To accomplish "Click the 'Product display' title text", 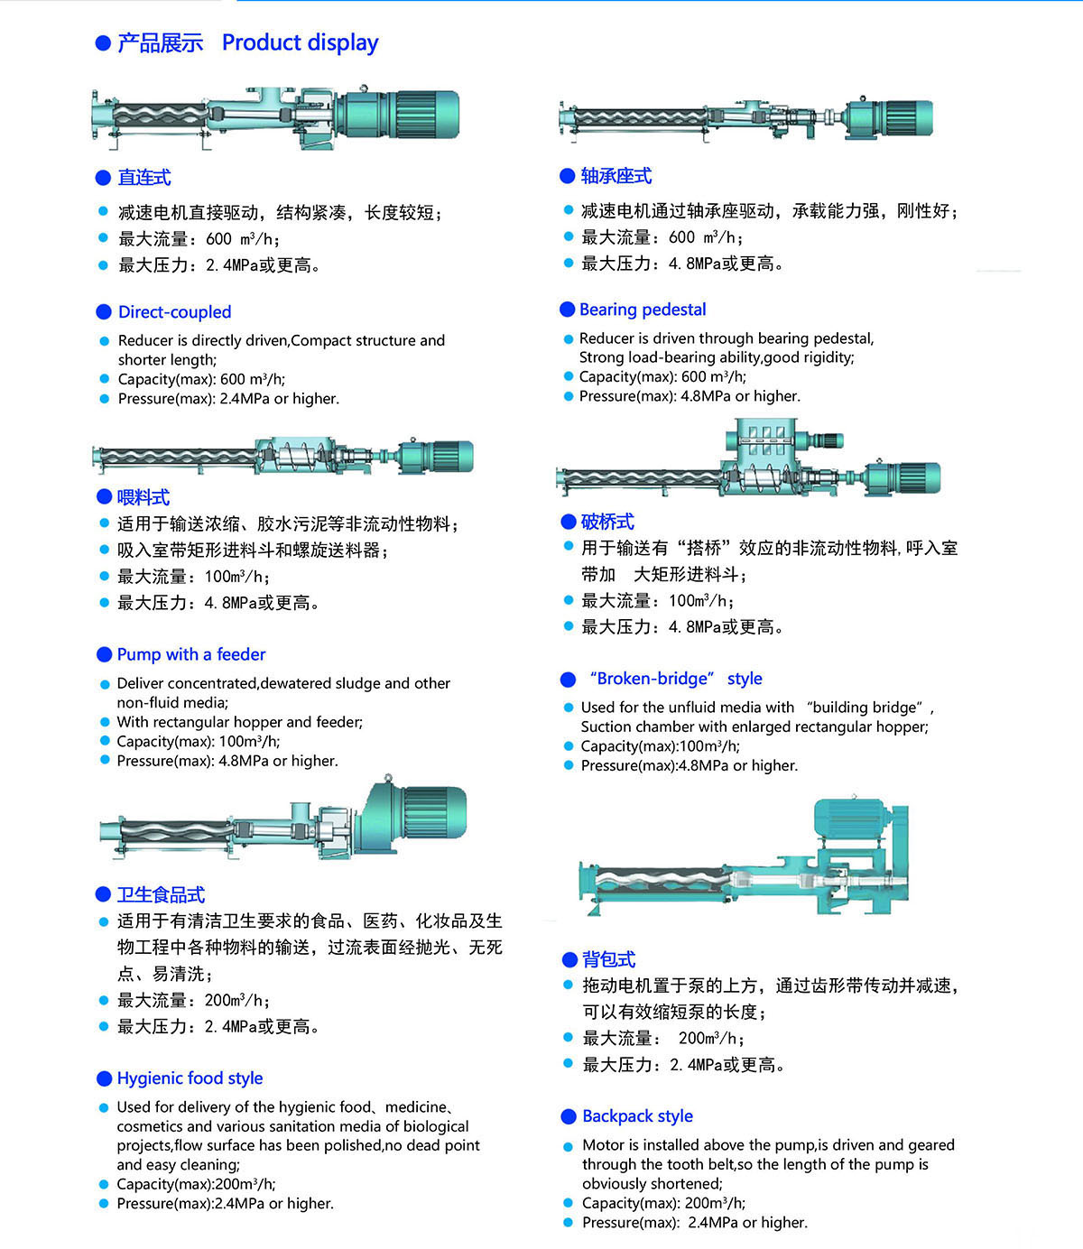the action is click(x=300, y=43).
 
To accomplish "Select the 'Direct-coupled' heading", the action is click(x=175, y=311).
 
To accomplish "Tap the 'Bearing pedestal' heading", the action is click(x=643, y=310).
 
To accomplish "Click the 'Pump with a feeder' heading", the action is click(x=191, y=654).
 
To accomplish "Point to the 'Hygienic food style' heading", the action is click(x=190, y=1078).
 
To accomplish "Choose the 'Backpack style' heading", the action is click(x=637, y=1116).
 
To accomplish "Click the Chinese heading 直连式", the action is click(x=144, y=178).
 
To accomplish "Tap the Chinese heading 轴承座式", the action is click(x=616, y=176).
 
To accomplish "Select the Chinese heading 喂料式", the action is click(x=143, y=497).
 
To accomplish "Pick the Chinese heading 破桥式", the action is click(x=608, y=522).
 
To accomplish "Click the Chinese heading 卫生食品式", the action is click(x=161, y=895).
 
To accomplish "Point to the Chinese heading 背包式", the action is click(x=608, y=959).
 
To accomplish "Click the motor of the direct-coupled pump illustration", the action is click(x=399, y=115).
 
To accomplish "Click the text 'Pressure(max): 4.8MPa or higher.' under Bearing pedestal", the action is click(x=690, y=396).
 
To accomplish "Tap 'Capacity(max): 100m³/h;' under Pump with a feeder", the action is click(x=199, y=742).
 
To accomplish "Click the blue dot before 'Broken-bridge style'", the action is click(x=568, y=680).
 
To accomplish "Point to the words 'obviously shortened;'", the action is click(x=653, y=1183).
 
